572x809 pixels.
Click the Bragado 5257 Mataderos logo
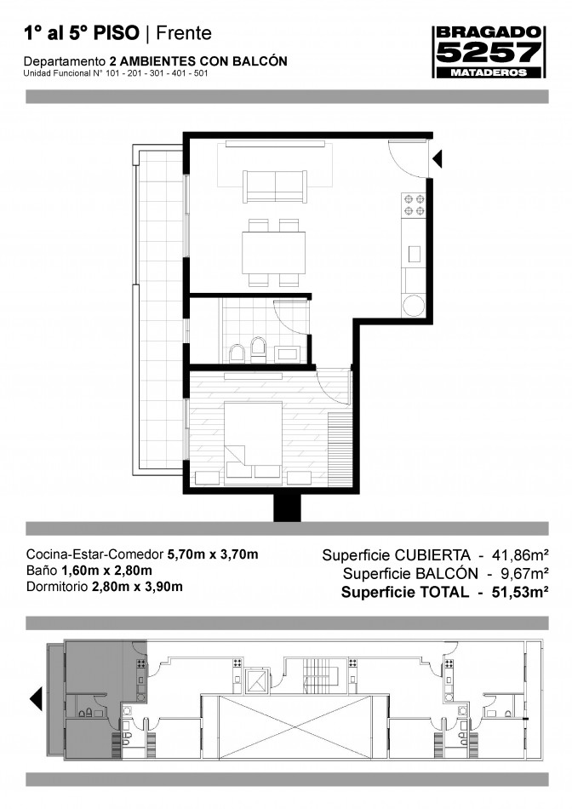tap(489, 52)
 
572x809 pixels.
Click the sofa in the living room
tap(275, 186)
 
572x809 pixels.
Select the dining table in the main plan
tap(274, 253)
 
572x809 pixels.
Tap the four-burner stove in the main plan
tap(414, 205)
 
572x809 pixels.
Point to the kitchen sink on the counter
tap(415, 254)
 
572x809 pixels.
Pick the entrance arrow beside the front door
tap(437, 159)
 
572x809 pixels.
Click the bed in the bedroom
tap(254, 443)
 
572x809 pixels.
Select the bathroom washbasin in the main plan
tap(286, 354)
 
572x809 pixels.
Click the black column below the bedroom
tap(287, 508)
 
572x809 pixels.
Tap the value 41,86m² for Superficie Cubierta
tap(520, 555)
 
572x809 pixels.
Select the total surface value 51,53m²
tap(520, 592)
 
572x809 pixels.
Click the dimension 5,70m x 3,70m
tap(213, 554)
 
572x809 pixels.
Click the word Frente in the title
tap(184, 33)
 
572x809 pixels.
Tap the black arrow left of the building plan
tap(36, 700)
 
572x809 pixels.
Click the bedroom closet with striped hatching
tap(339, 449)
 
